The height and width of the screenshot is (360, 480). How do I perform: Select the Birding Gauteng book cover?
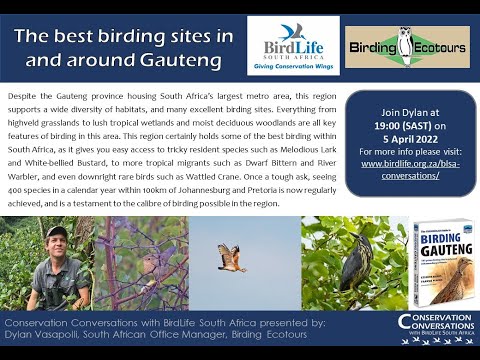(443, 262)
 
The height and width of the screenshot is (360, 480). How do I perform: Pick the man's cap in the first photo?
(57, 233)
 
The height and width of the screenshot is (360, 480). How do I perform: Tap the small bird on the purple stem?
(152, 264)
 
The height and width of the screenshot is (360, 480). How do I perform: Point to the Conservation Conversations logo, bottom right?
(436, 327)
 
